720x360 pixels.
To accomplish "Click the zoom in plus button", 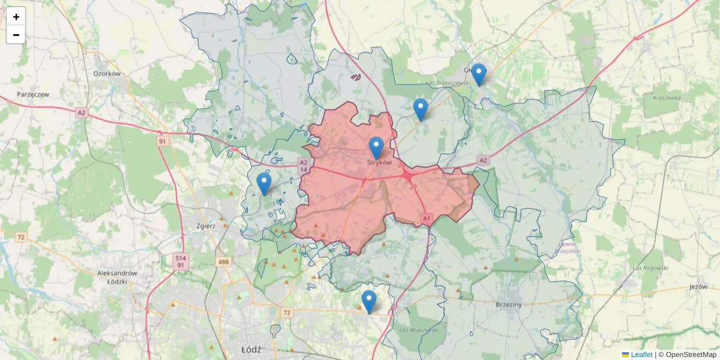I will pyautogui.click(x=16, y=17).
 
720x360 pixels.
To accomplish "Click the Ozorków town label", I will pyautogui.click(x=107, y=74).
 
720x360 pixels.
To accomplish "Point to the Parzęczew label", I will pyautogui.click(x=33, y=95).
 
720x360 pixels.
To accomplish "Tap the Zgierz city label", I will pyautogui.click(x=206, y=226).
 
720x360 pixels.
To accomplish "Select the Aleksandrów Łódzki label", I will pyautogui.click(x=118, y=277).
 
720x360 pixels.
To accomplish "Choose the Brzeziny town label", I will pyautogui.click(x=509, y=305).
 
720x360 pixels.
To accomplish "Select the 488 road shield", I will pyautogui.click(x=224, y=262).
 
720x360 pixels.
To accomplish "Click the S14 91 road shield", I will pyautogui.click(x=180, y=260).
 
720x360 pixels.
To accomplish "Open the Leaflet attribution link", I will pyautogui.click(x=641, y=355).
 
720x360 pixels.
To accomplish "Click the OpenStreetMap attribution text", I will pyautogui.click(x=691, y=355).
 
